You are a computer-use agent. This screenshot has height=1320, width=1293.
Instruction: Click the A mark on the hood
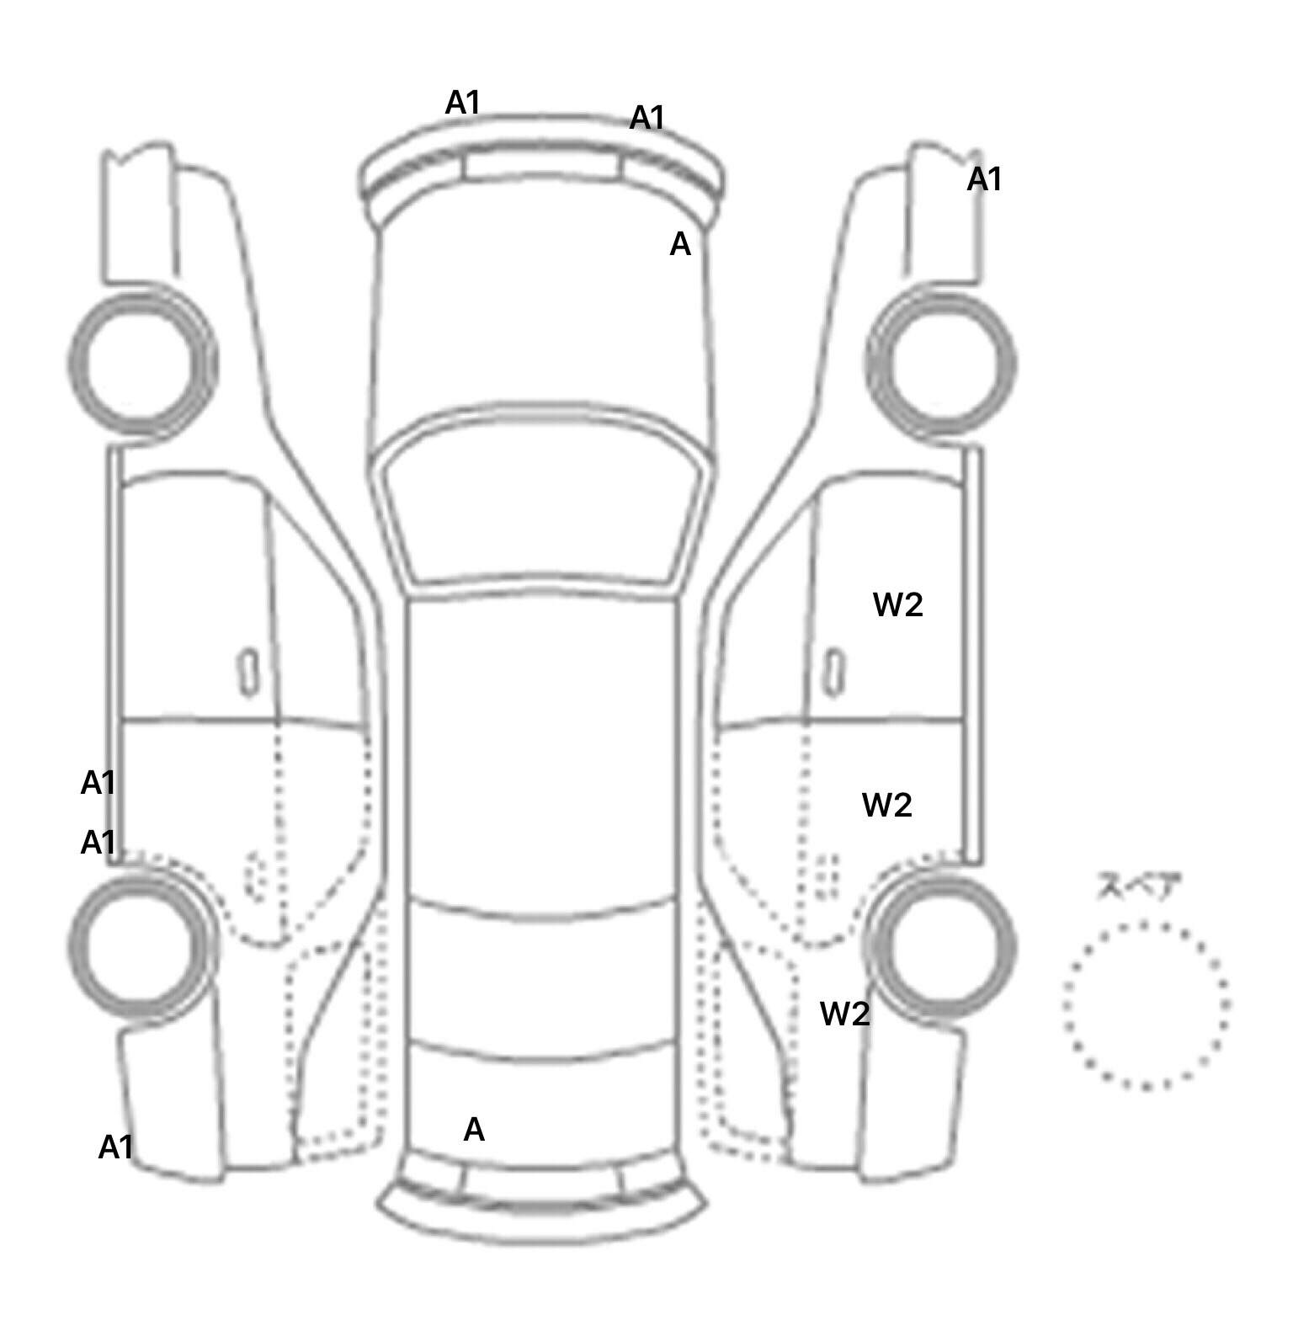click(679, 245)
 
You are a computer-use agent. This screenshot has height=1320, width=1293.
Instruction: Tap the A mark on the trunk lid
click(474, 1130)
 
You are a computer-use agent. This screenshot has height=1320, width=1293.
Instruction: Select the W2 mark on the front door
click(897, 604)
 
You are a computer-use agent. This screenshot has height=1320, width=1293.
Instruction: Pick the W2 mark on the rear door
click(886, 806)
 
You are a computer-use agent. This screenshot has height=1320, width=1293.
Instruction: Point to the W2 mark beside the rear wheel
click(844, 1014)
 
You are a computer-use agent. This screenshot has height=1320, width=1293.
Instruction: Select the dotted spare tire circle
click(1146, 1004)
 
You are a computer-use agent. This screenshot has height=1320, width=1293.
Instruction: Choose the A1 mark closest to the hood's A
click(647, 118)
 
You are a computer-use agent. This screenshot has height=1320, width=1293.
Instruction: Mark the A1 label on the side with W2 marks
click(984, 179)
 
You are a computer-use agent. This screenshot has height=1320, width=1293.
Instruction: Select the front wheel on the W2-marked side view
click(941, 364)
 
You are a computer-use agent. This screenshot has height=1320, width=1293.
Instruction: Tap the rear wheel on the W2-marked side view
click(941, 945)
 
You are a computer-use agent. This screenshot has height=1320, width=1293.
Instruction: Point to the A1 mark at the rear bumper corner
click(116, 1147)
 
